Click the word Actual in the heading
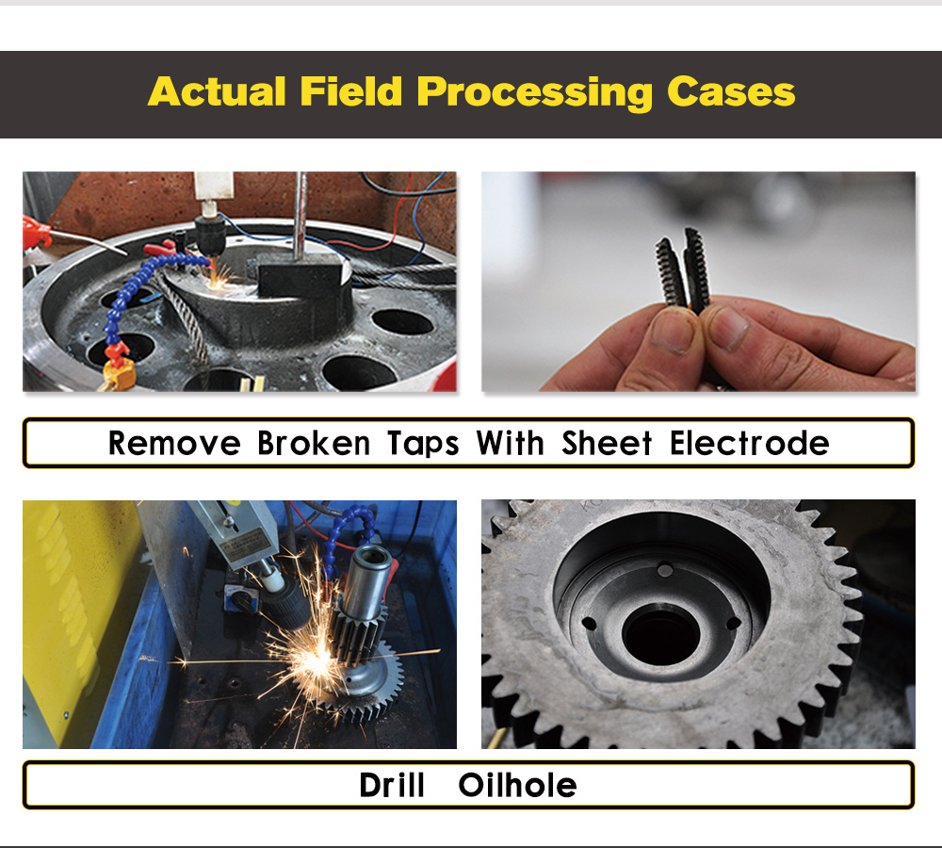pyautogui.click(x=217, y=92)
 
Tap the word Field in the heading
pyautogui.click(x=350, y=91)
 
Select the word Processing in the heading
pyautogui.click(x=535, y=93)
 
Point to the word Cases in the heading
pyautogui.click(x=731, y=92)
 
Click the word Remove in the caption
pyautogui.click(x=174, y=444)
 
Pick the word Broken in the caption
pyautogui.click(x=314, y=444)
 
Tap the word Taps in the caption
pyautogui.click(x=423, y=445)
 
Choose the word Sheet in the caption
pyautogui.click(x=607, y=444)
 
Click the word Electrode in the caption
pyautogui.click(x=750, y=444)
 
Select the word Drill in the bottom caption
pyautogui.click(x=392, y=785)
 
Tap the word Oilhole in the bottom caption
pyautogui.click(x=517, y=785)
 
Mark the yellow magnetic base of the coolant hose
pyautogui.click(x=119, y=374)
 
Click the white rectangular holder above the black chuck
pyautogui.click(x=214, y=185)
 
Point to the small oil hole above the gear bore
pyautogui.click(x=665, y=569)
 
